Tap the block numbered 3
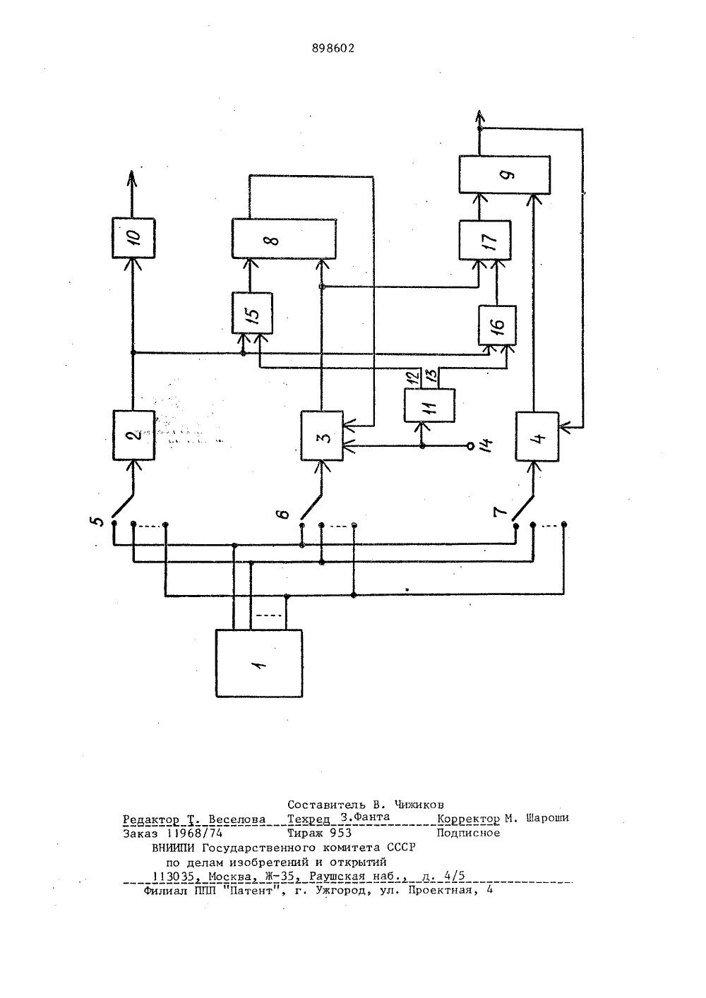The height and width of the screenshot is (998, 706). pos(322,435)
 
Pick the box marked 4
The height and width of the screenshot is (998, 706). pos(537,437)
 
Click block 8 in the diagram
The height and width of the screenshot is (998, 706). pos(284,239)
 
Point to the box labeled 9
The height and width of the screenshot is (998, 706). pos(505,174)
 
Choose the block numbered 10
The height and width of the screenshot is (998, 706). pos(133,237)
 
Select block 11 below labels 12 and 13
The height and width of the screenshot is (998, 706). pos(430,405)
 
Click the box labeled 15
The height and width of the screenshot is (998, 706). pos(252,313)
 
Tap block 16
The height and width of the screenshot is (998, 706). pos(498,325)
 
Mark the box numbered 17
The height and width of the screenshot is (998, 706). pos(485,240)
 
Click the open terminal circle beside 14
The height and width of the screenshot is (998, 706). pos(469,445)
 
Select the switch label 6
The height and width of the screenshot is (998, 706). pos(285,514)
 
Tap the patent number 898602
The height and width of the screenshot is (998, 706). pos(333,49)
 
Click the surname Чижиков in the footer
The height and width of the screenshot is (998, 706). pos(419,804)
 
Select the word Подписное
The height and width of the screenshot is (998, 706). pos(468,833)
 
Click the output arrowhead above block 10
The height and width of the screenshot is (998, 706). pos(132,178)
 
